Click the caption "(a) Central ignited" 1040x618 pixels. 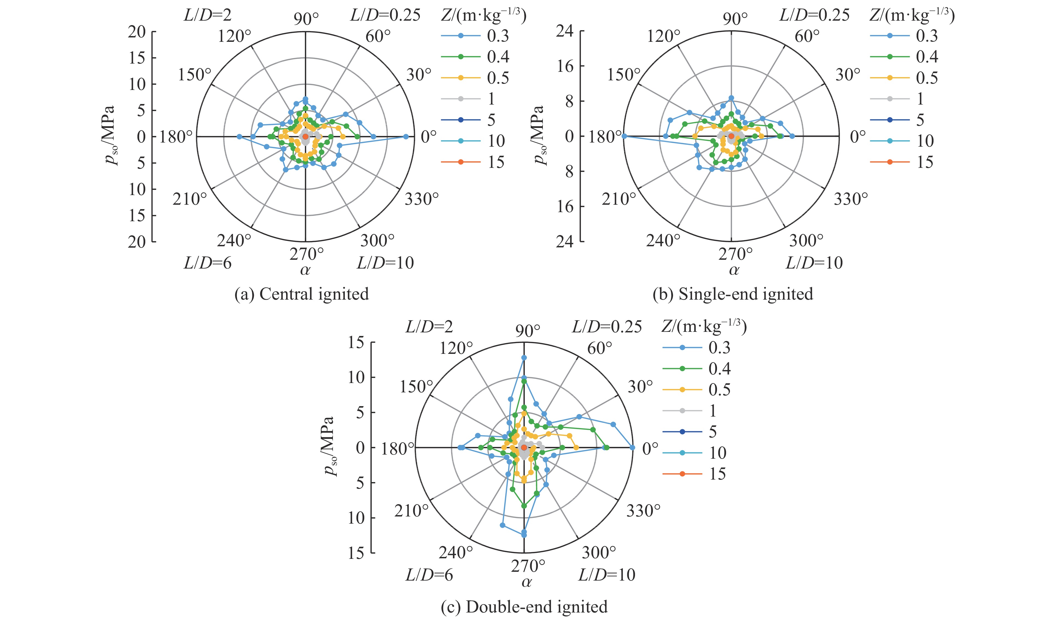(x=302, y=294)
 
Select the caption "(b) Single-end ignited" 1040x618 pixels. (x=733, y=294)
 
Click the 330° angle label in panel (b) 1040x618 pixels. (x=850, y=199)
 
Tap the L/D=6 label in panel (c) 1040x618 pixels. (x=429, y=575)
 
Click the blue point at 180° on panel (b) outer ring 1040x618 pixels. (x=624, y=136)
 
